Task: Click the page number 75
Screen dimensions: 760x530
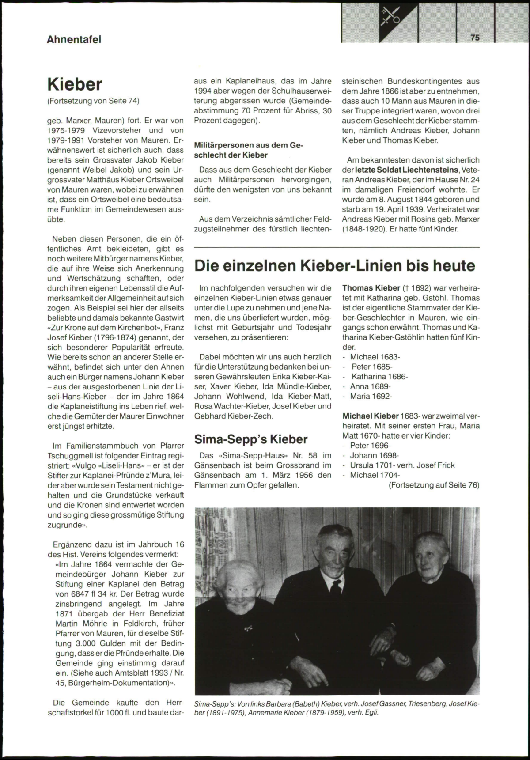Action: coord(475,38)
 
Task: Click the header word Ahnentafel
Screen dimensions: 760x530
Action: coord(74,39)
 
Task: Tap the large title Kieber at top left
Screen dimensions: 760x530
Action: coord(75,84)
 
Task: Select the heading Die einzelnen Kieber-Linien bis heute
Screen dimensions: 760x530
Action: coord(335,265)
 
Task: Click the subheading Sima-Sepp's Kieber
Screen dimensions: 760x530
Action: coord(251,439)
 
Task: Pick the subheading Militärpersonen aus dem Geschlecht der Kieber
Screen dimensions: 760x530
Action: coord(249,150)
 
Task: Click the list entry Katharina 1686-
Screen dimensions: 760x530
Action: coord(379,377)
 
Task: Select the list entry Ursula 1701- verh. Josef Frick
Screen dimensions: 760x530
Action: coord(402,465)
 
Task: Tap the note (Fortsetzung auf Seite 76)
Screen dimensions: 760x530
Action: coord(434,485)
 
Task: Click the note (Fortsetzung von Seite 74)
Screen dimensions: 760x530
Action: coord(93,101)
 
